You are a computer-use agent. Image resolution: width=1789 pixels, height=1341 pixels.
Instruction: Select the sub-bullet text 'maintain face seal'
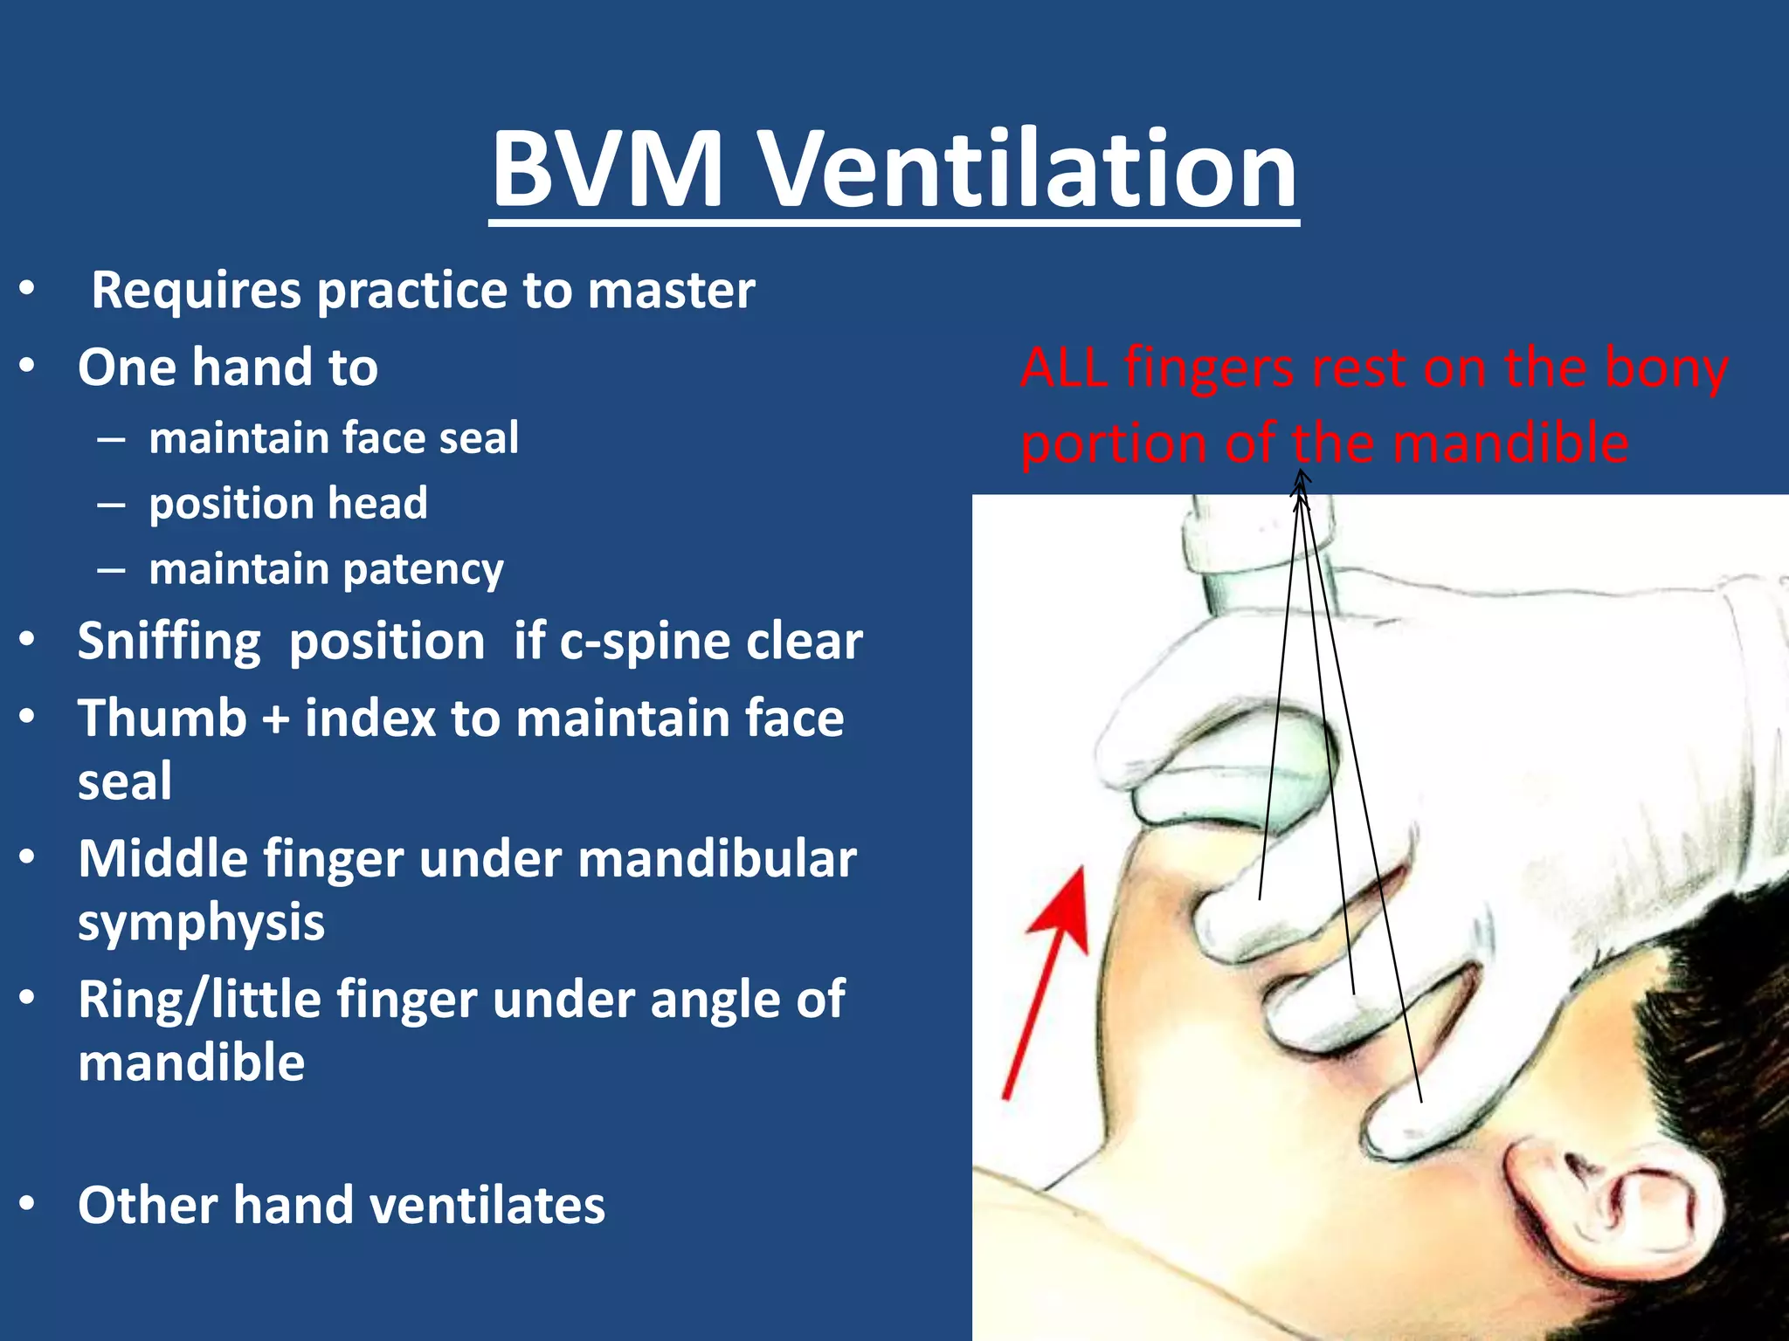pos(334,437)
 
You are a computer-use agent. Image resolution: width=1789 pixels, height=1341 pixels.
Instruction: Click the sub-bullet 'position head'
pos(288,503)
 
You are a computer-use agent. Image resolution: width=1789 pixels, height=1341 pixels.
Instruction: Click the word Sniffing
pos(169,642)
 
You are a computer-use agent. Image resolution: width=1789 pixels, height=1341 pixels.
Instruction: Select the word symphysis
pos(201,923)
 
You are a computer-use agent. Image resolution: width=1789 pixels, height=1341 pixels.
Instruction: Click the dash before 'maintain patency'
pos(111,570)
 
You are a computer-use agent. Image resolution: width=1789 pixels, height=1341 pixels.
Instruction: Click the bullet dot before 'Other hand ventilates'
pos(27,1205)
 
